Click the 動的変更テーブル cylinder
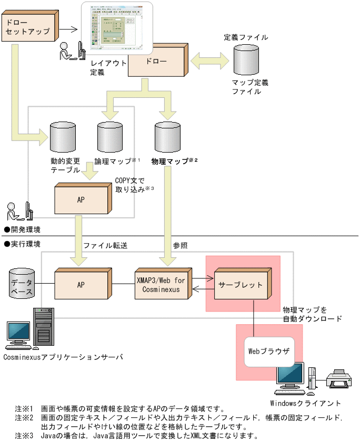click(62, 136)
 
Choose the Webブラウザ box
click(268, 350)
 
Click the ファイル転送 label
click(105, 246)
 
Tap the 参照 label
click(180, 246)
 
